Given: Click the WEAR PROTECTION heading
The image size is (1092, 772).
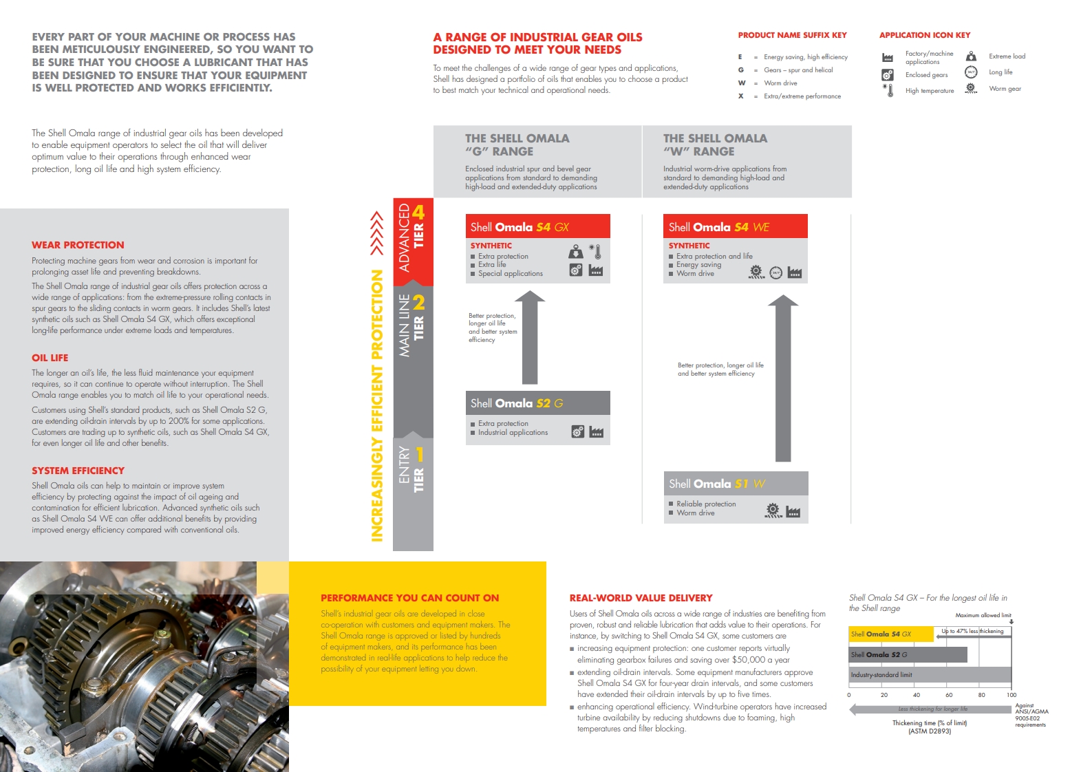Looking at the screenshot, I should (78, 245).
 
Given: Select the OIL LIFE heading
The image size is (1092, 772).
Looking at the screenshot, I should (50, 358).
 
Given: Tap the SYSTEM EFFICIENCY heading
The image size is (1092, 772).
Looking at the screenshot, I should (78, 471).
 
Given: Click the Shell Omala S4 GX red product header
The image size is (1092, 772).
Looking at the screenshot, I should (537, 227).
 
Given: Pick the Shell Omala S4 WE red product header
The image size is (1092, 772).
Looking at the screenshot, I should (735, 227).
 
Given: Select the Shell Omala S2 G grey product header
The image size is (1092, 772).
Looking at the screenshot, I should (537, 403).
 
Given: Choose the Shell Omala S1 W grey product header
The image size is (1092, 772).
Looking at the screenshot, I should (735, 484).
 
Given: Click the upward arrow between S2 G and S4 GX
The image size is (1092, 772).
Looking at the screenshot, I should (530, 337).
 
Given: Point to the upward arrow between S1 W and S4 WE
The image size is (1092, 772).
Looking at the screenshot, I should (783, 378).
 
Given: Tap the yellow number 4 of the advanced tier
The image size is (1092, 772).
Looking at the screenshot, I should (418, 212).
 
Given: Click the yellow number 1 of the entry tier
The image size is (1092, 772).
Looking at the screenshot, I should (419, 455).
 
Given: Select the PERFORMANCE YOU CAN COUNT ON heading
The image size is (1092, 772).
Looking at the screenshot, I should (409, 598).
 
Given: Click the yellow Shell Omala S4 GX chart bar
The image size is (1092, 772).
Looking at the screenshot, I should (891, 634).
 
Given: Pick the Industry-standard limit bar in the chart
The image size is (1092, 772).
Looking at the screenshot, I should (929, 675).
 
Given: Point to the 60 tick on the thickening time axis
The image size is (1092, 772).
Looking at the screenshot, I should (949, 695).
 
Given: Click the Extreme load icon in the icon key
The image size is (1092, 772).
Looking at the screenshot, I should (971, 56).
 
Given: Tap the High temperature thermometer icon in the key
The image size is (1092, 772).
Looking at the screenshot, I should (889, 90).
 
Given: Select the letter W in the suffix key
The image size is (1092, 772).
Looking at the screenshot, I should (742, 83).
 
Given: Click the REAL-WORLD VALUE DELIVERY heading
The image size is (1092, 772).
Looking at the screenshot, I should (641, 598).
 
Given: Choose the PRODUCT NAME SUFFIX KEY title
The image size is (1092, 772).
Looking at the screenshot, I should (792, 35).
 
